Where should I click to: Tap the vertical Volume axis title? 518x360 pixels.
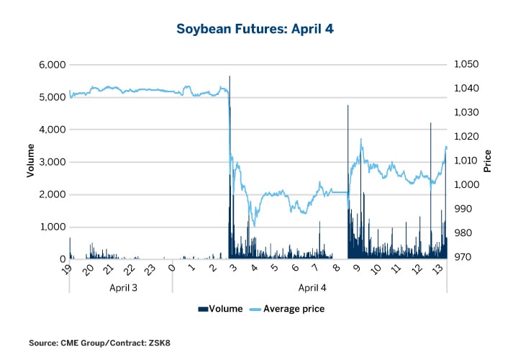30,161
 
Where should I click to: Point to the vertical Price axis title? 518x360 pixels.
489,161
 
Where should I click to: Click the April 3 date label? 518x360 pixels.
120,287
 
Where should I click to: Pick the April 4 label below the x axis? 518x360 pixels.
309,287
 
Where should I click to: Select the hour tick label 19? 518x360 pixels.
67,269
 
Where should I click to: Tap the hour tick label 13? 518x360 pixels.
436,269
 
